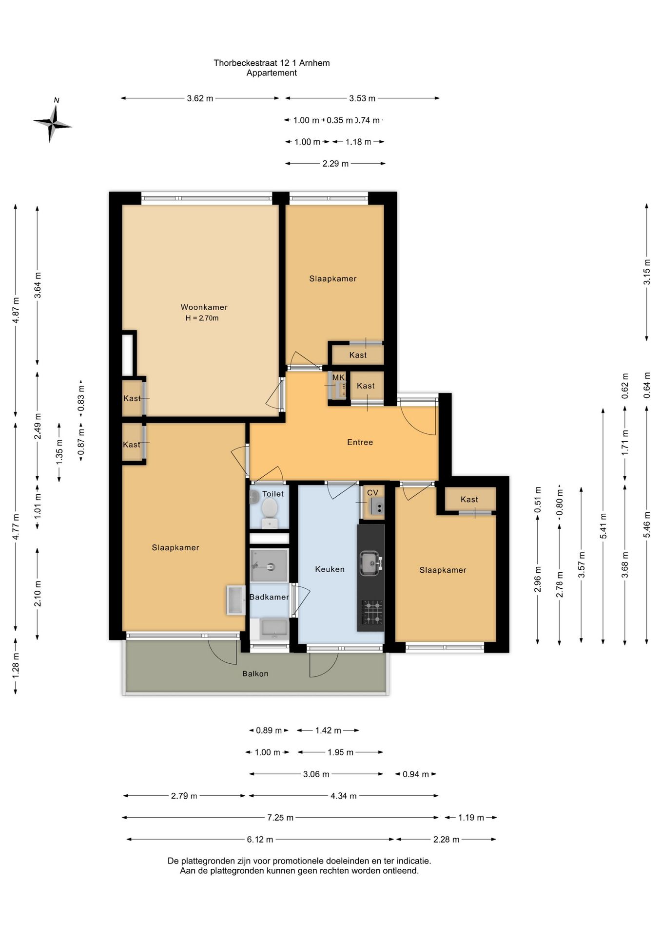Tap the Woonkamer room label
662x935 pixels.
[204, 307]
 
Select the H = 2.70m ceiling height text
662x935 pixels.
[202, 318]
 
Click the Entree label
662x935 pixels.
[360, 442]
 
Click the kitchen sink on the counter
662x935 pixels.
[370, 563]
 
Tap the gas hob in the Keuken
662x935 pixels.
[372, 613]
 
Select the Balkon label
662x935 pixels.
[255, 673]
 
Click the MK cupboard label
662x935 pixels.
[338, 377]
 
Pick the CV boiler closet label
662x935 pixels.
[372, 493]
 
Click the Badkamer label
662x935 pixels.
[269, 597]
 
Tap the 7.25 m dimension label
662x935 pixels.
[280, 818]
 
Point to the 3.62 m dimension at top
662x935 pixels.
[200, 98]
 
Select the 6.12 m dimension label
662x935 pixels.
[260, 840]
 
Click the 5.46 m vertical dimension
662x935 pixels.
[647, 525]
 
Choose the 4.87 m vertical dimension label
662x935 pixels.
[16, 310]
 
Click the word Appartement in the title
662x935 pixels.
[272, 73]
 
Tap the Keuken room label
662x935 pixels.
[330, 569]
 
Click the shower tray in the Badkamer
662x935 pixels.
[269, 566]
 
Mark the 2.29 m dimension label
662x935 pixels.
[335, 164]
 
